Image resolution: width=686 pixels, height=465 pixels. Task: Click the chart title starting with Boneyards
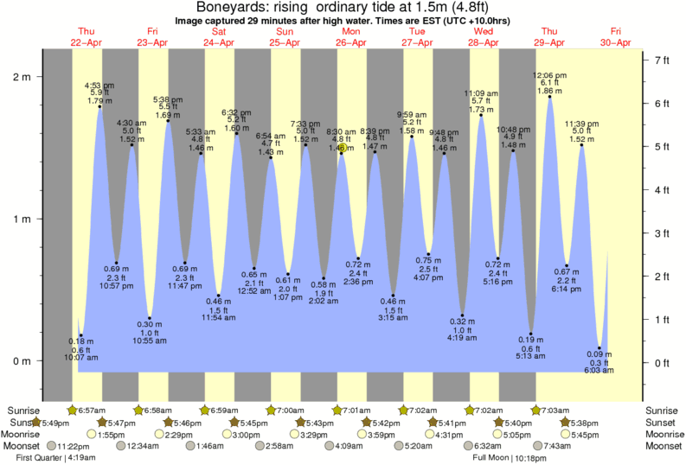[x=343, y=8]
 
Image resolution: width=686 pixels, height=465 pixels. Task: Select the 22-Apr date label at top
[x=87, y=42]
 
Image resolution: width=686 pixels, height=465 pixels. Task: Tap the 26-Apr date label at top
[x=350, y=42]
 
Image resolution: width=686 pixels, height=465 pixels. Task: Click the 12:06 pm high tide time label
[x=550, y=75]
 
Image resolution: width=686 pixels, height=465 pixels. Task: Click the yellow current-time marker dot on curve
[x=343, y=148]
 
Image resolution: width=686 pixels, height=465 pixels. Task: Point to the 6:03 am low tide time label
[x=599, y=370]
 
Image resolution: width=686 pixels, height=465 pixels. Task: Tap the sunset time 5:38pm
[x=584, y=422]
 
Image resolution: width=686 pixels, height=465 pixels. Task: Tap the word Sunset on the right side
[x=664, y=422]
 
